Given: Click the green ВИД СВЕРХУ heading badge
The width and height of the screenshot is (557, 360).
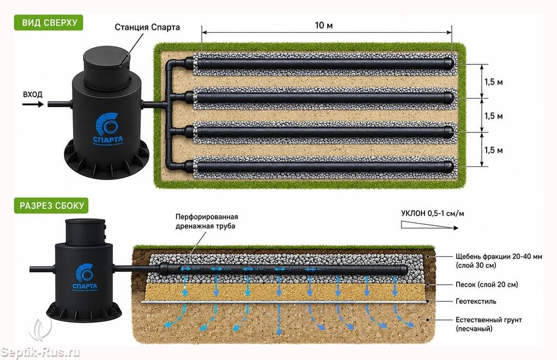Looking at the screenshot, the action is pyautogui.click(x=49, y=23).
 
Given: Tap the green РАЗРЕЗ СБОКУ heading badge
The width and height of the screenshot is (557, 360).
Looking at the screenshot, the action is pyautogui.click(x=51, y=206).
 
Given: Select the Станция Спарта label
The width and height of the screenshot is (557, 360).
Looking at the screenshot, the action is pyautogui.click(x=147, y=27).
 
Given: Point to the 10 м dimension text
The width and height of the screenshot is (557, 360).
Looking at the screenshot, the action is pyautogui.click(x=324, y=25).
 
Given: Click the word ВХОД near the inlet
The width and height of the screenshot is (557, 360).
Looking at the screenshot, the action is pyautogui.click(x=33, y=94).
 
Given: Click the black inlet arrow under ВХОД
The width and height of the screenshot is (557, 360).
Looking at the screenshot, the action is pyautogui.click(x=33, y=104).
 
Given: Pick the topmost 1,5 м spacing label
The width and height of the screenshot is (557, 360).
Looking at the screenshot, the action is pyautogui.click(x=493, y=82).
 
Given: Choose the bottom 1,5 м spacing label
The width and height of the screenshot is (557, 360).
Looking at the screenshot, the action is pyautogui.click(x=493, y=150).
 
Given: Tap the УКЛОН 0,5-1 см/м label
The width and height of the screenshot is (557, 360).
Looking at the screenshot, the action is pyautogui.click(x=432, y=213).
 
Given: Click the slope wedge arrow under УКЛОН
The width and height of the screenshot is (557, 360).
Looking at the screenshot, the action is pyautogui.click(x=430, y=225).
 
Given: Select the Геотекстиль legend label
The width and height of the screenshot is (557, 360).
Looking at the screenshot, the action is pyautogui.click(x=476, y=302).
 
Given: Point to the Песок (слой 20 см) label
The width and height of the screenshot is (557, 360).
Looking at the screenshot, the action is pyautogui.click(x=487, y=284).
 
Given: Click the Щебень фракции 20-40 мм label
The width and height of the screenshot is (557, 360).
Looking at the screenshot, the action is pyautogui.click(x=499, y=261).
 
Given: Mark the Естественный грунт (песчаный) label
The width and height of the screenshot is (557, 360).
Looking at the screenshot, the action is pyautogui.click(x=489, y=324).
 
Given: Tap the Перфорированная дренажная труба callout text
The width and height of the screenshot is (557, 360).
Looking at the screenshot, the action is pyautogui.click(x=207, y=221).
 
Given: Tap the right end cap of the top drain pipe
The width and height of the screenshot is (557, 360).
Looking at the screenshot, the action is pyautogui.click(x=449, y=64).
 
